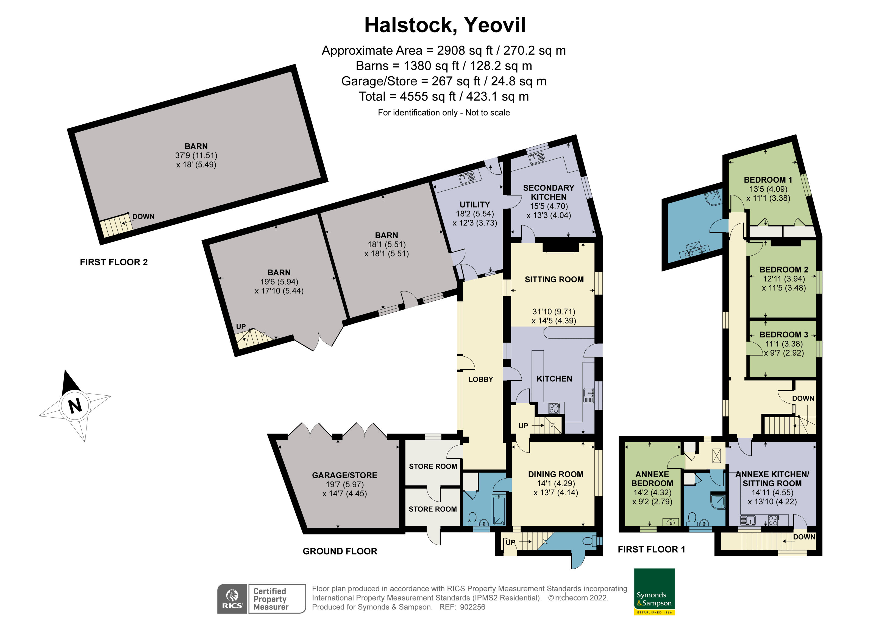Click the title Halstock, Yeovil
[445, 25]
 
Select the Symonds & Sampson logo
[654, 591]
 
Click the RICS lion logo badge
[232, 599]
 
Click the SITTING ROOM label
[554, 279]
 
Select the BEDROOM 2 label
[783, 269]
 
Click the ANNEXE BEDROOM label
[652, 479]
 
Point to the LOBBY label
[481, 379]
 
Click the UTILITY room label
[474, 205]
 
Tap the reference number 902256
[472, 607]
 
